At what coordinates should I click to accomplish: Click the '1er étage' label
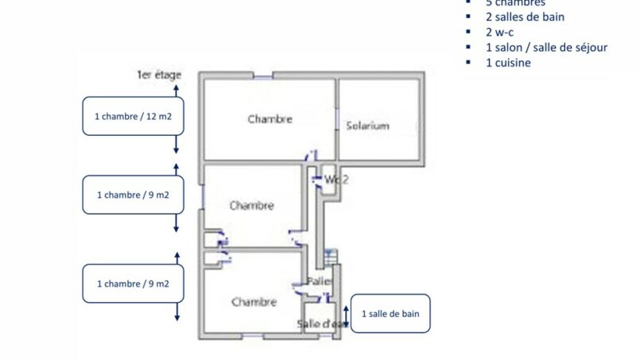[x=159, y=75]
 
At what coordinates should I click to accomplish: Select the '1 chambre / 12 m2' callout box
[x=134, y=116]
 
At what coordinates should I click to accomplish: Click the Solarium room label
[x=367, y=126]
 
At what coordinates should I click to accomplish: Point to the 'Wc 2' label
[x=336, y=180]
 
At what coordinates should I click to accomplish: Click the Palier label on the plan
[x=320, y=281]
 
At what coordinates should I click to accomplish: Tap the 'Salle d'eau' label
[x=322, y=323]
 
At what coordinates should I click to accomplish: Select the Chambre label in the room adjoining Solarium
[x=270, y=119]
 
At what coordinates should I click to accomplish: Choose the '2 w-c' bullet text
[x=500, y=32]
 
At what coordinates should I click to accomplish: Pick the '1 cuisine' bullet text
[x=508, y=63]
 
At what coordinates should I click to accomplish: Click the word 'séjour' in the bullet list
[x=589, y=48]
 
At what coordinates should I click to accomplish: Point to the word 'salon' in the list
[x=507, y=48]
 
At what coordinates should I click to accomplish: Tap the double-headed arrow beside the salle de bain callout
[x=347, y=313]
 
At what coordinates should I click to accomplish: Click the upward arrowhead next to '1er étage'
[x=176, y=70]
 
